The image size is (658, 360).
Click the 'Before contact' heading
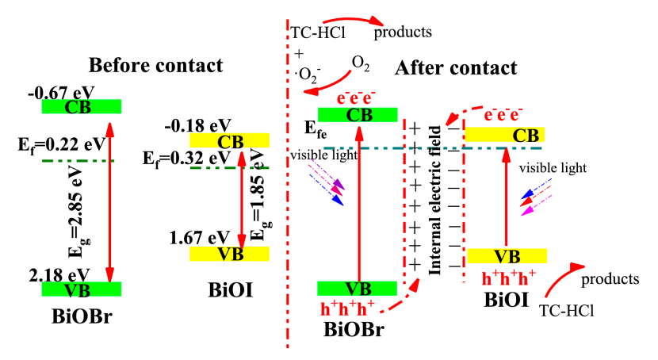tap(155, 64)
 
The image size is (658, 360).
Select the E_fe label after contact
tap(316, 128)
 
